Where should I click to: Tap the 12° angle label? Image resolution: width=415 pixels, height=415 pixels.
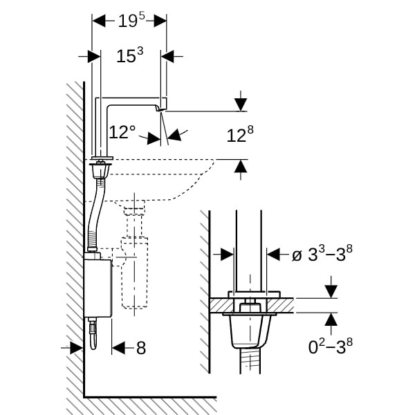point(122,132)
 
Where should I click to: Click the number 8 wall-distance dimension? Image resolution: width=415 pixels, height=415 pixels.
point(140,349)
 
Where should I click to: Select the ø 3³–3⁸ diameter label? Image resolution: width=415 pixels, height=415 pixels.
point(322,255)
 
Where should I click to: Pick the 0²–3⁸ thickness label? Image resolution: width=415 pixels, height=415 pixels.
point(331,346)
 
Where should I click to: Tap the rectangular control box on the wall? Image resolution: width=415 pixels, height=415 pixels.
point(97,286)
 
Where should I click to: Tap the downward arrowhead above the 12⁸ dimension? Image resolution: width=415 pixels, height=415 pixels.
point(240,105)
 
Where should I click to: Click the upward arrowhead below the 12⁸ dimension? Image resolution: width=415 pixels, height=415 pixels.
point(240,165)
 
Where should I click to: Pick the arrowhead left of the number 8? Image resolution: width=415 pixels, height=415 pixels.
point(118,349)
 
